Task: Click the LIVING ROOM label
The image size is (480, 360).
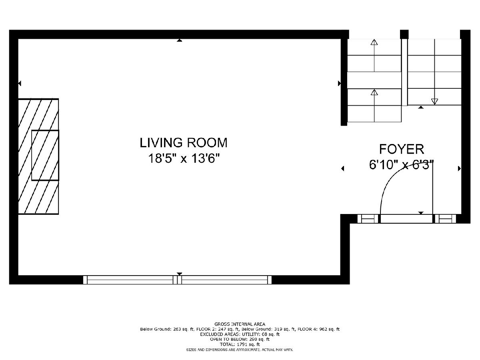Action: (x=184, y=143)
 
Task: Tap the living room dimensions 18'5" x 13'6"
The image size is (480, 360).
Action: (x=184, y=158)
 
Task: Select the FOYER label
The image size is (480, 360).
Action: (x=402, y=149)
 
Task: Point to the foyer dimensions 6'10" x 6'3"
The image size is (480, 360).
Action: (x=401, y=165)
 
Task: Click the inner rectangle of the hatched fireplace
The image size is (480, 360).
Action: (x=45, y=155)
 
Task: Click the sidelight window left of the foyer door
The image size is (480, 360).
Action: (x=368, y=218)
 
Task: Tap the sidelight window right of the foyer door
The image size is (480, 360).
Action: (x=445, y=218)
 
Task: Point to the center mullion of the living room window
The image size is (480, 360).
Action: (x=177, y=280)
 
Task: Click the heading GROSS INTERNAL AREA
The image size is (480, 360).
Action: (x=240, y=324)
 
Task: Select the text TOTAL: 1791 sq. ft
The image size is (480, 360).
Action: (x=240, y=344)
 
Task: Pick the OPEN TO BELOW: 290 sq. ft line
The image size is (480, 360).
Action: (x=240, y=340)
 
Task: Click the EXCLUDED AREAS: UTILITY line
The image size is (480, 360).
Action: (x=240, y=334)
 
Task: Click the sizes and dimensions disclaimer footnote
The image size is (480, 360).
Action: (x=240, y=350)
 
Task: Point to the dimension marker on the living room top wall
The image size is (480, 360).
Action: (x=180, y=40)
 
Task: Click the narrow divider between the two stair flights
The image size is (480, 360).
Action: (x=404, y=72)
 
